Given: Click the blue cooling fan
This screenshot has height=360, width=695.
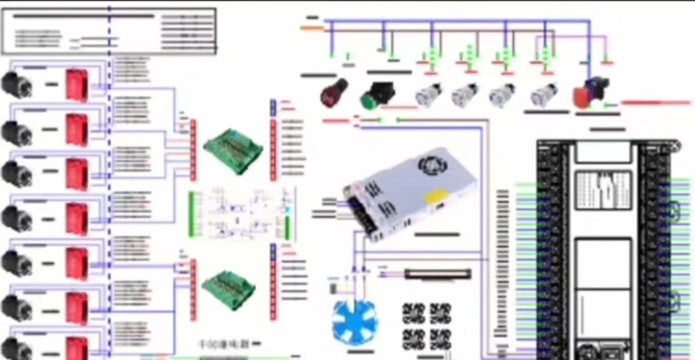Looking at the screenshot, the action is pyautogui.click(x=354, y=322).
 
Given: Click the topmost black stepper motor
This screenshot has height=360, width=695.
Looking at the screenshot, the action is pyautogui.click(x=16, y=84).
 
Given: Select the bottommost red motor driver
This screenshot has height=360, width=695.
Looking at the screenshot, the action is pyautogui.click(x=76, y=349).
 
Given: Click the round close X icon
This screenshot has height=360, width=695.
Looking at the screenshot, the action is pyautogui.click(x=673, y=146).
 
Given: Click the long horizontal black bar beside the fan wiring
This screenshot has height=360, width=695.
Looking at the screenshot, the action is pyautogui.click(x=438, y=273).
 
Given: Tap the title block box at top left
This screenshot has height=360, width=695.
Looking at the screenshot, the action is pyautogui.click(x=109, y=31).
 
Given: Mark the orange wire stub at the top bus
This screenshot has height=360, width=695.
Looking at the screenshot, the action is pyautogui.click(x=311, y=28).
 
